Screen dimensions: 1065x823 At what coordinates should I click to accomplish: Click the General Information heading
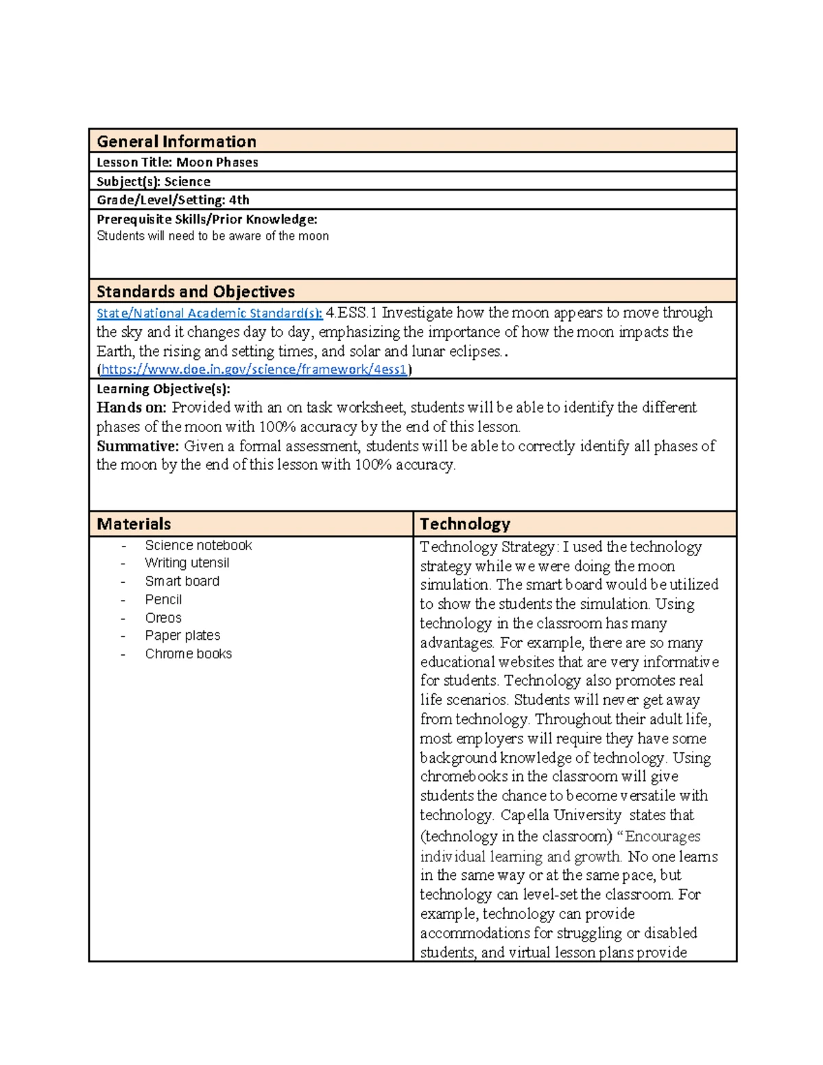[x=176, y=141]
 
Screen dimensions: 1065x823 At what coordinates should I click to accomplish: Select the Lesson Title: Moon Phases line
[x=177, y=163]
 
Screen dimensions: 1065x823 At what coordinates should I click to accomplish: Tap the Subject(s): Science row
[x=154, y=182]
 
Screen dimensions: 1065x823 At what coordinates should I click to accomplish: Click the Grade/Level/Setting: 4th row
[x=173, y=200]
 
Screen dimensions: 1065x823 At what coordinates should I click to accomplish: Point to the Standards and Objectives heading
[x=195, y=291]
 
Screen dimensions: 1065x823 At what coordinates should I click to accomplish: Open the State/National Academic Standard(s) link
[x=209, y=313]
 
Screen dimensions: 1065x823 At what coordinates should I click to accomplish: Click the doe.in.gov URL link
[x=254, y=370]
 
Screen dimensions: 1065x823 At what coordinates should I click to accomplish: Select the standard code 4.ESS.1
[x=351, y=313]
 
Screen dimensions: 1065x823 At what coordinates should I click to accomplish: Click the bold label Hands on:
[x=131, y=407]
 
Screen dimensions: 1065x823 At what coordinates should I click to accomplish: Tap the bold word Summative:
[x=137, y=446]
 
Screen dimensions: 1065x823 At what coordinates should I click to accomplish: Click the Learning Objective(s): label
[x=163, y=389]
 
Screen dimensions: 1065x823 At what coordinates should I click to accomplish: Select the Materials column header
[x=134, y=524]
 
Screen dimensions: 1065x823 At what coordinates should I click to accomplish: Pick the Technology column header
[x=465, y=524]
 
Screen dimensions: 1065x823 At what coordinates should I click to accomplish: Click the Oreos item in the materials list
[x=163, y=618]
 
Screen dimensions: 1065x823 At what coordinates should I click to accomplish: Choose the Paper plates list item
[x=182, y=636]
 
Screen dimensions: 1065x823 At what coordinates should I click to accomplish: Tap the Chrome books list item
[x=188, y=654]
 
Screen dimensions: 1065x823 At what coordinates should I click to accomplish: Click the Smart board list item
[x=182, y=582]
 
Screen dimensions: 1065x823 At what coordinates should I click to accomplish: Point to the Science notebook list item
[x=198, y=546]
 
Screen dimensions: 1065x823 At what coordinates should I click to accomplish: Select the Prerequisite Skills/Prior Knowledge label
[x=206, y=219]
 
